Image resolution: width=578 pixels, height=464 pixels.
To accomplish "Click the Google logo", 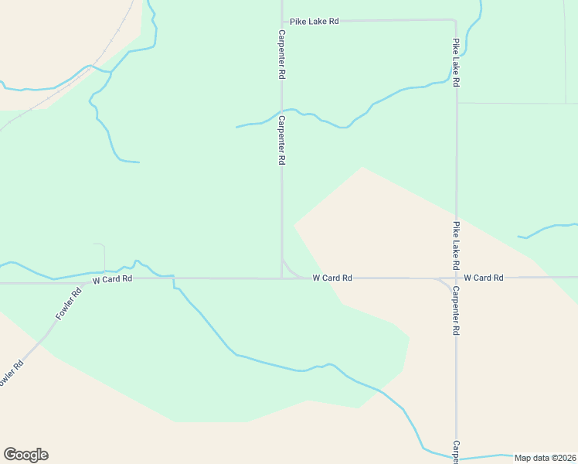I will pyautogui.click(x=25, y=455).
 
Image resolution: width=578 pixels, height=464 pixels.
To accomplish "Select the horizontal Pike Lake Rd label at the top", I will pyautogui.click(x=314, y=22).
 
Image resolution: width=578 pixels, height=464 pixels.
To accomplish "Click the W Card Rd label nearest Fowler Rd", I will pyautogui.click(x=112, y=279).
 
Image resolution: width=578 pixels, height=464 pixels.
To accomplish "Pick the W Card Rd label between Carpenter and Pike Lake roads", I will pyautogui.click(x=332, y=278).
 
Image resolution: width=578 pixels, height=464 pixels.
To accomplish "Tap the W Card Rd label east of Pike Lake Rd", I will pyautogui.click(x=484, y=278).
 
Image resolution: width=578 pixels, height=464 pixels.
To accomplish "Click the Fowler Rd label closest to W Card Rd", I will pyautogui.click(x=69, y=305).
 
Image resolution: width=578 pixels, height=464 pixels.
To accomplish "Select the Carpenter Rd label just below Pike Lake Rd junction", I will pyautogui.click(x=283, y=56).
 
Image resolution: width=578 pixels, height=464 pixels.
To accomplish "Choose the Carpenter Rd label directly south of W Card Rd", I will pyautogui.click(x=456, y=311).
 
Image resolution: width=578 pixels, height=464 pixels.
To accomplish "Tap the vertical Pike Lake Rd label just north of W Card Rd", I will pyautogui.click(x=456, y=240).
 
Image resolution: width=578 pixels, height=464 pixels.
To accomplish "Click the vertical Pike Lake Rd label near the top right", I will pyautogui.click(x=456, y=62).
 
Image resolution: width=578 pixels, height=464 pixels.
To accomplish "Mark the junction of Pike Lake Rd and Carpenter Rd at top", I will pyautogui.click(x=281, y=21).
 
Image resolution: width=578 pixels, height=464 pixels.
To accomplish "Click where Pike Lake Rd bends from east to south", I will pyautogui.click(x=454, y=21).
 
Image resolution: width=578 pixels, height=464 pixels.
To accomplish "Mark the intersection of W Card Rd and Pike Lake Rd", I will pyautogui.click(x=456, y=278).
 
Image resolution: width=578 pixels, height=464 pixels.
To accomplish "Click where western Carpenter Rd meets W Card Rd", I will pyautogui.click(x=281, y=278).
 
